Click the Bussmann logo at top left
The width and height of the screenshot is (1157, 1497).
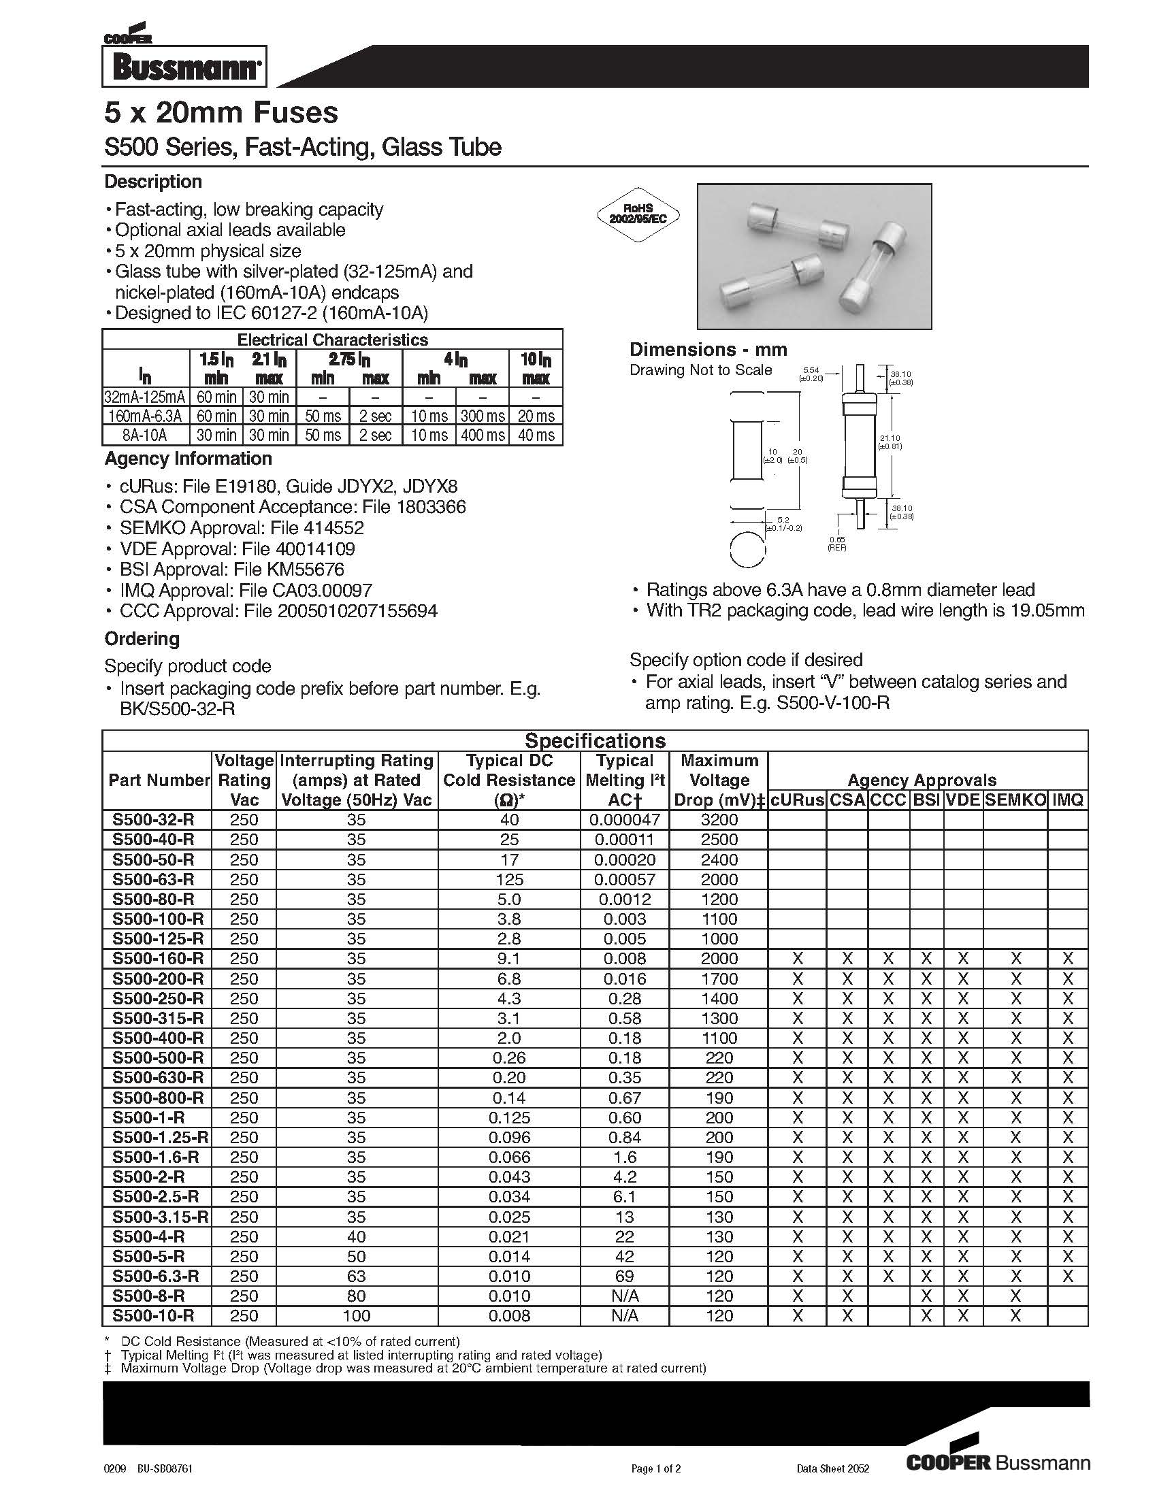[184, 67]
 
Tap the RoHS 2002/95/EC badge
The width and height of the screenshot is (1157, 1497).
[638, 214]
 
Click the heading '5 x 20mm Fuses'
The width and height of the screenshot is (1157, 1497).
[221, 113]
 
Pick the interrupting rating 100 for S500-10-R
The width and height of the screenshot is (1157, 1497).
[357, 1315]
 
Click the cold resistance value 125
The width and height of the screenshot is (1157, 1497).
[509, 879]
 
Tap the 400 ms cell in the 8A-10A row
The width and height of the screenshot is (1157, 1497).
[483, 435]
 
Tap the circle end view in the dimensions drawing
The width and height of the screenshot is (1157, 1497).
[747, 550]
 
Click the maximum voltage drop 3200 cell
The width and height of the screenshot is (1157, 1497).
[719, 820]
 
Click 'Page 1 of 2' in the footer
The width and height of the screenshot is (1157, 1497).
[655, 1468]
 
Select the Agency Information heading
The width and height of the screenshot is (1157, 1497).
[188, 459]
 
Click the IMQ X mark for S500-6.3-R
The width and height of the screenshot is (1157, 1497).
[1067, 1276]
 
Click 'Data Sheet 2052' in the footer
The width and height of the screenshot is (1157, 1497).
[833, 1468]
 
